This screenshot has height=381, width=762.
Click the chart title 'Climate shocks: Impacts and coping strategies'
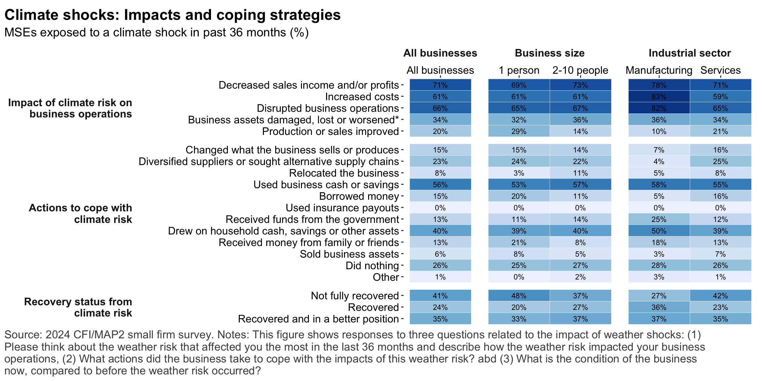click(172, 15)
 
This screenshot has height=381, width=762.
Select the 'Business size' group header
click(550, 53)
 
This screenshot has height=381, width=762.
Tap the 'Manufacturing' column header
click(659, 70)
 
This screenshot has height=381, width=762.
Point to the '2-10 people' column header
click(580, 70)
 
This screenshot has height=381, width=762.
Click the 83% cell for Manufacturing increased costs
click(659, 97)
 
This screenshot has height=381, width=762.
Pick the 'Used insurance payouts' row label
click(342, 208)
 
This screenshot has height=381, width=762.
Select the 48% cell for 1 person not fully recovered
click(519, 296)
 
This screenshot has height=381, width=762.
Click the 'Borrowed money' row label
click(359, 196)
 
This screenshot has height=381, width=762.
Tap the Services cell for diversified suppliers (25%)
click(720, 161)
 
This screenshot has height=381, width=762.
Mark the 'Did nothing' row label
click(372, 266)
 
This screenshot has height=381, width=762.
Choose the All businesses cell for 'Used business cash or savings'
click(440, 185)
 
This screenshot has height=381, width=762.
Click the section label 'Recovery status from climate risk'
click(78, 307)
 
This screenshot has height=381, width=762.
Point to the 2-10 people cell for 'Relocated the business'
click(580, 173)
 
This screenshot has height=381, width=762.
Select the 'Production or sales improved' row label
click(330, 131)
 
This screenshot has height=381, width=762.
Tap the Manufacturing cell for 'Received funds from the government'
click(659, 219)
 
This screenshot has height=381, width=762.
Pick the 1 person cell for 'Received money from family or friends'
click(519, 242)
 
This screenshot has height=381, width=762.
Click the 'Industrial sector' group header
click(690, 53)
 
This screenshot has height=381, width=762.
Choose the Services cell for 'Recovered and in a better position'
click(720, 319)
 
